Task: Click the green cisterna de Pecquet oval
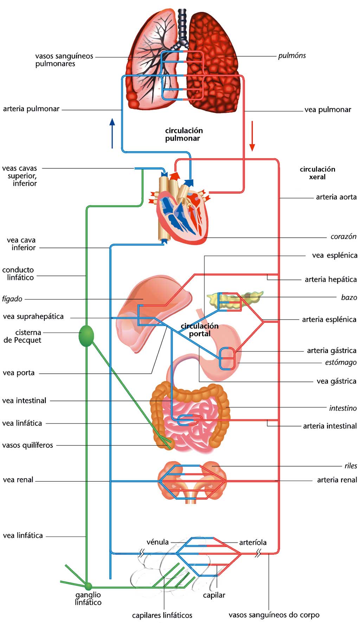(x=86, y=336)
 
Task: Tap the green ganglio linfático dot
(x=88, y=586)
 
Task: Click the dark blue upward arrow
(x=112, y=133)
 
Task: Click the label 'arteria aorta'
(x=336, y=197)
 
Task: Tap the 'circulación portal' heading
(x=199, y=330)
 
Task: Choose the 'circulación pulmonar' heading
(x=184, y=134)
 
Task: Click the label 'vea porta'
(x=19, y=373)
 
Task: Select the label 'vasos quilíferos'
(x=28, y=445)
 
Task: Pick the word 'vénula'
(x=157, y=542)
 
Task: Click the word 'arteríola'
(x=253, y=542)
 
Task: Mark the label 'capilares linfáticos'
(x=162, y=615)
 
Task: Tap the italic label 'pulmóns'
(x=292, y=56)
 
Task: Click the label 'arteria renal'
(x=337, y=480)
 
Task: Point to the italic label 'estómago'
(x=341, y=362)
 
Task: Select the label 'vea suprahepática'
(x=33, y=316)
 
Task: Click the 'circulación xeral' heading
(x=317, y=173)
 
